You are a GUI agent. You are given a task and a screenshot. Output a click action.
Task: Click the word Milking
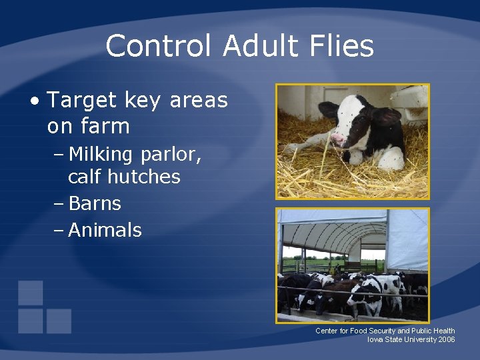101,155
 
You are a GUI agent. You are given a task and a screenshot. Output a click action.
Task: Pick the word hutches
147,177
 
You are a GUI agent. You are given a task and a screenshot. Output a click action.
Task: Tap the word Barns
95,203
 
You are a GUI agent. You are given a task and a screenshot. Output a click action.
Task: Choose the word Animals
105,230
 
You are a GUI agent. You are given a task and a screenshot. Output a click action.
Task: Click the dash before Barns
58,203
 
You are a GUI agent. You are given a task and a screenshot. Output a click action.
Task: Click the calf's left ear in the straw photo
329,109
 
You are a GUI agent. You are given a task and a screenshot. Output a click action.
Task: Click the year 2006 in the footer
447,340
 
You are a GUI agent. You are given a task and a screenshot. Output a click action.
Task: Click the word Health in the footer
444,331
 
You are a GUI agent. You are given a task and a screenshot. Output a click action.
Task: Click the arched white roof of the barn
333,230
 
